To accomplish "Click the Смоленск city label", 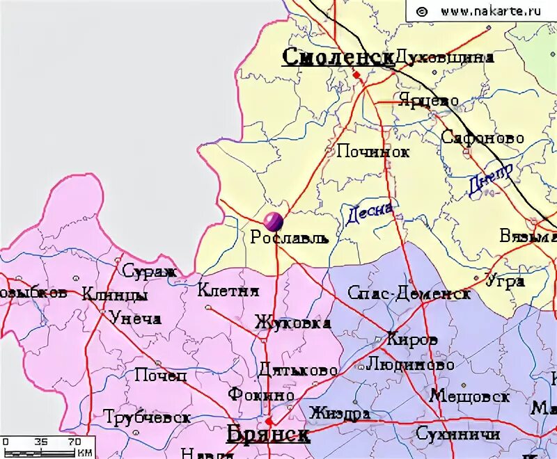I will click(338, 57).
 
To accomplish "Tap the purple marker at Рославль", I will click(274, 221).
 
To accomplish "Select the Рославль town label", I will click(289, 238).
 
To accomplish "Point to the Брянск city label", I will click(268, 435).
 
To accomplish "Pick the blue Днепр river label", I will click(490, 179).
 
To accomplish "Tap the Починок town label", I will click(373, 151).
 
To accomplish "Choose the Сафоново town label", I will click(483, 138).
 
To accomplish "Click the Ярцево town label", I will click(428, 100).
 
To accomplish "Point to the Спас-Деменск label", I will click(409, 293).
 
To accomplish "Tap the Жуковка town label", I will click(292, 323).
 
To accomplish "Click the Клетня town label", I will click(228, 291).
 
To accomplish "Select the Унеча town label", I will click(135, 319).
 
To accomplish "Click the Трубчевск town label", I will click(147, 417).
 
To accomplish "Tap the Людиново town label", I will click(410, 364).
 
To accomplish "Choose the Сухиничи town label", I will click(457, 434).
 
